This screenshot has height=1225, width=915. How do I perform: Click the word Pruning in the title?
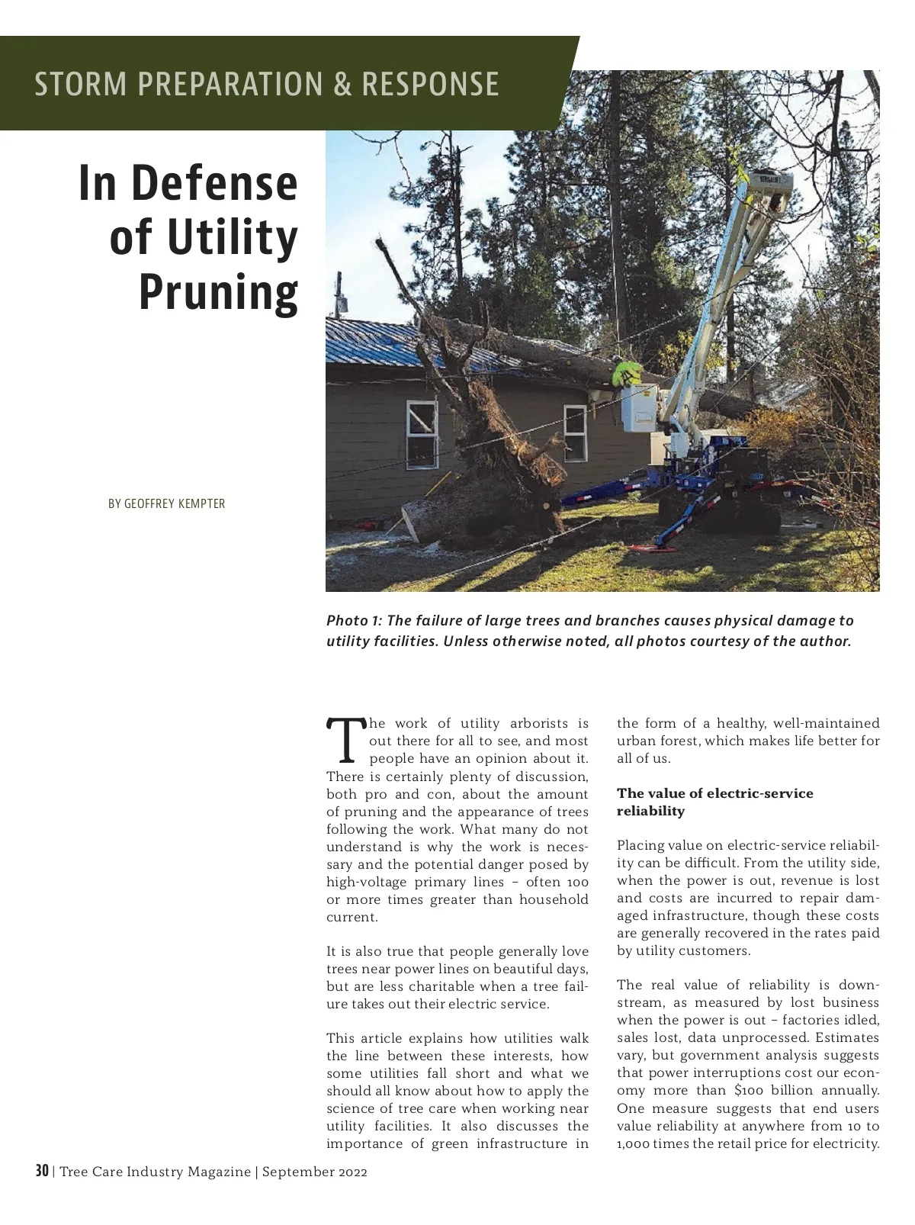(218, 292)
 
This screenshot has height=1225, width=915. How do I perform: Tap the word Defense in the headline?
(215, 183)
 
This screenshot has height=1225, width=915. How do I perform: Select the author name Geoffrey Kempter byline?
(166, 503)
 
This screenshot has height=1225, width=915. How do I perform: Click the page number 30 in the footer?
(42, 1171)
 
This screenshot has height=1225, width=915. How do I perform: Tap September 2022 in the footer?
(314, 1172)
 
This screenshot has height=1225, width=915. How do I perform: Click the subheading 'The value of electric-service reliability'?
(714, 802)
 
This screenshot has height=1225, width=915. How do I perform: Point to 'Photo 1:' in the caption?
(354, 621)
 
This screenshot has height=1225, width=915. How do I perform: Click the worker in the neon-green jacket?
(627, 373)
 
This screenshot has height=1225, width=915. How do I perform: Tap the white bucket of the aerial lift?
(639, 409)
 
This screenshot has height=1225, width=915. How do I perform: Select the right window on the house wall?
(575, 433)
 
